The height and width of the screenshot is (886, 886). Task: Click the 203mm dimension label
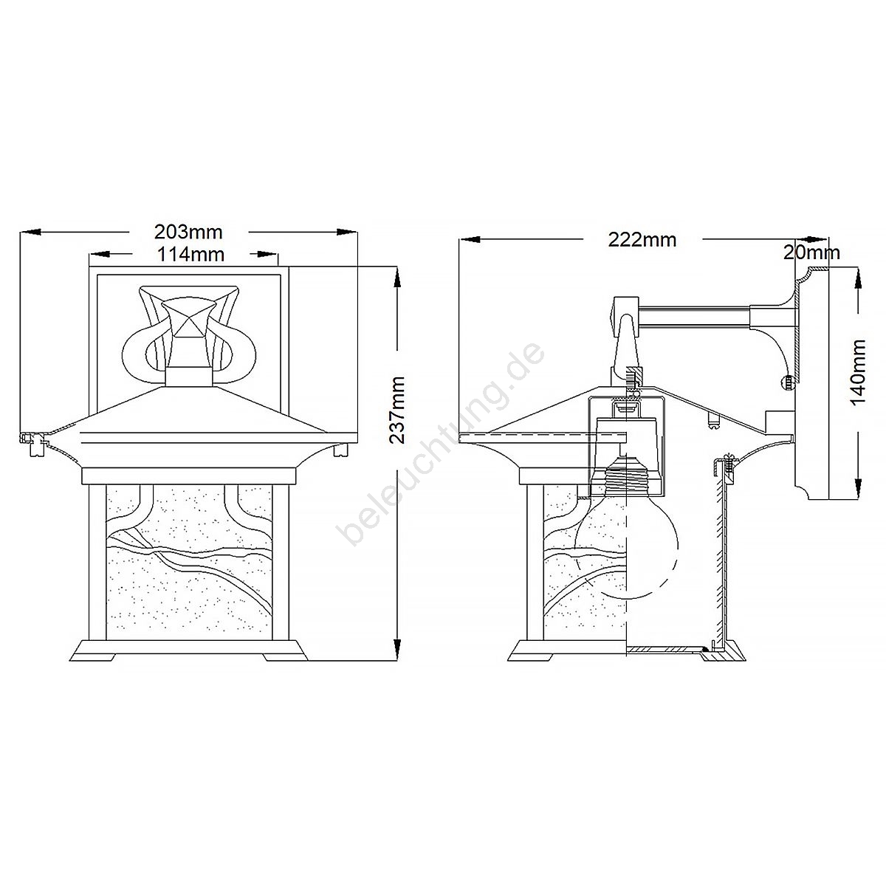coord(188,232)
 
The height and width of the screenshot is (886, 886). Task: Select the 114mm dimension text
coord(190,254)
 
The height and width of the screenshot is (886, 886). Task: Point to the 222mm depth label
coord(642,240)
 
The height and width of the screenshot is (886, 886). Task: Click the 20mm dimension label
coord(811,253)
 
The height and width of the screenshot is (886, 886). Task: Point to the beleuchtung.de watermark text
coord(442,442)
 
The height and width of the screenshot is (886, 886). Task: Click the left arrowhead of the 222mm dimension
coord(470,239)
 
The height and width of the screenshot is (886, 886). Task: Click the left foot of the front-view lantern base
coord(92,658)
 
